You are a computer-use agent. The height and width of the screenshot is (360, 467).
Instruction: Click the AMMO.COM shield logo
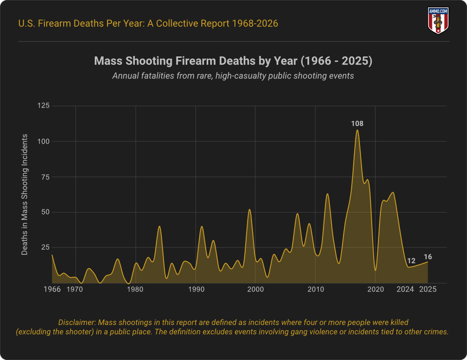pos(438,20)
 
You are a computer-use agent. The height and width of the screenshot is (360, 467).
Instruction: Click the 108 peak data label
pos(358,124)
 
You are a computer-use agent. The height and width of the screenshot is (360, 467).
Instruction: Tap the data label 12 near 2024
pos(411,261)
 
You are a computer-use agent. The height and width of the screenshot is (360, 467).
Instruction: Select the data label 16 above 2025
pos(428,257)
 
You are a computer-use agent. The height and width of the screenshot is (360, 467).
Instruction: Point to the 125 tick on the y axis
pos(44,106)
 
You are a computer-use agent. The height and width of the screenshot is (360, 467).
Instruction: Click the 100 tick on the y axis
pos(44,142)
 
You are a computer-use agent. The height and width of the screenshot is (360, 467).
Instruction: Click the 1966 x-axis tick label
pos(52,290)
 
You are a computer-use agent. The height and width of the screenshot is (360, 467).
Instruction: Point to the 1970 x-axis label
pos(74,290)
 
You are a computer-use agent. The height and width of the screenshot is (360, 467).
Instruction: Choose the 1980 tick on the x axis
pos(135,290)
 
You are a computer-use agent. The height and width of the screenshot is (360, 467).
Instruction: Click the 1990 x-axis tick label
pos(196,290)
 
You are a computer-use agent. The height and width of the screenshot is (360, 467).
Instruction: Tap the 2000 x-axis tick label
pos(255,290)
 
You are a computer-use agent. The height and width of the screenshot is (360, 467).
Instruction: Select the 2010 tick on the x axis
pos(315,290)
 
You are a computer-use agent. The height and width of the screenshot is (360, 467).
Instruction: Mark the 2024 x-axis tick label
pos(405,290)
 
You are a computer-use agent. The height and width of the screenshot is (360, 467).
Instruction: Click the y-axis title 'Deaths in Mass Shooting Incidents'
pos(25,194)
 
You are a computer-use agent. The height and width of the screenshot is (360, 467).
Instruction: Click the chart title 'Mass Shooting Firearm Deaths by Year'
pos(233,61)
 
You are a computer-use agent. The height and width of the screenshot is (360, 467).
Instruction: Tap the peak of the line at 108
pos(358,130)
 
